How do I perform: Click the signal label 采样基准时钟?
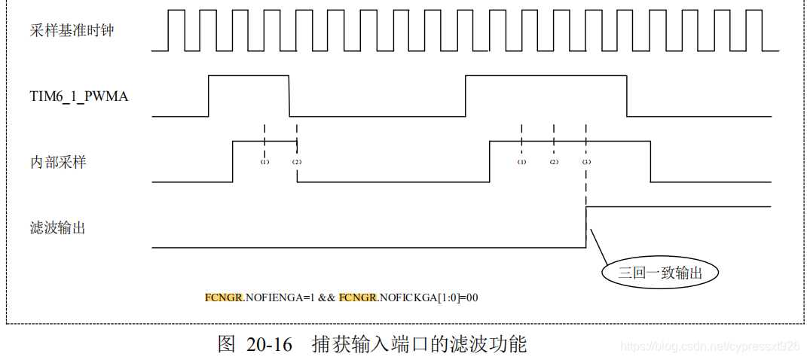[72, 31]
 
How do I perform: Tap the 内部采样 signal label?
[58, 161]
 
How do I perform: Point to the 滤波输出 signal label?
[58, 227]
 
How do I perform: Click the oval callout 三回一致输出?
[660, 273]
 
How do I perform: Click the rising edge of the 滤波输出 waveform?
[586, 226]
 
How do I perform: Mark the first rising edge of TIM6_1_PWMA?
[209, 96]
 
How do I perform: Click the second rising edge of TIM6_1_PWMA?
[466, 96]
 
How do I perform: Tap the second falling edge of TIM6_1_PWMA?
[627, 96]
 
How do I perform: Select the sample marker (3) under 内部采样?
[586, 162]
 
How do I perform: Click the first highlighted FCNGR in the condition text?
[223, 297]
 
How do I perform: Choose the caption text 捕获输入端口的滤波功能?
[419, 344]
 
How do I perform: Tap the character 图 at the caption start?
[227, 344]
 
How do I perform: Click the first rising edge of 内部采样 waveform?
[233, 161]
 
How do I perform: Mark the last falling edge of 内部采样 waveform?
[651, 161]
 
